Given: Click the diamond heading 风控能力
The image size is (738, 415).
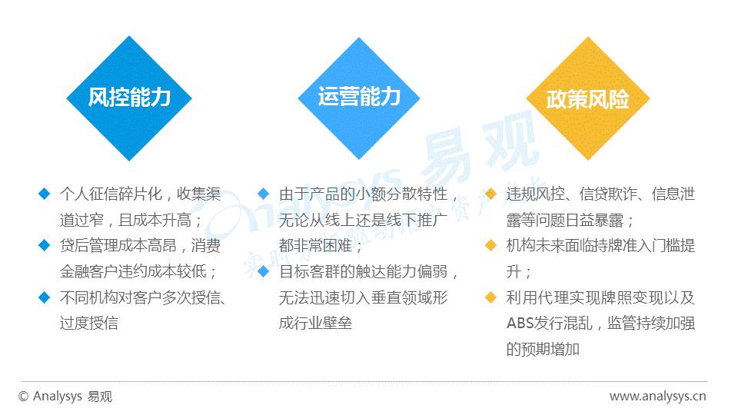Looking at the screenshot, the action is (x=129, y=98).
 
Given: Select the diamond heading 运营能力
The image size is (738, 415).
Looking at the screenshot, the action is (x=359, y=98).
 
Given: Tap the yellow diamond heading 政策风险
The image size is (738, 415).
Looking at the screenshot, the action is (x=588, y=98).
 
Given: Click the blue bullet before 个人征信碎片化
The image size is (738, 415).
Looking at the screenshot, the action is (x=45, y=194).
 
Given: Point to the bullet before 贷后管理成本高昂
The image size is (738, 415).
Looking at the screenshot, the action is (x=45, y=245).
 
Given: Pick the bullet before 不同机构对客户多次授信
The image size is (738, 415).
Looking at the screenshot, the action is (x=45, y=297).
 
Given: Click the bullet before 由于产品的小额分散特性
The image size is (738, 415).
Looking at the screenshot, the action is (x=263, y=194).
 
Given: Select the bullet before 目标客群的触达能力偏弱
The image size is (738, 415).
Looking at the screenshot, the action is (x=263, y=271).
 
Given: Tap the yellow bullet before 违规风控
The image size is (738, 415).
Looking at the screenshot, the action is (x=491, y=194).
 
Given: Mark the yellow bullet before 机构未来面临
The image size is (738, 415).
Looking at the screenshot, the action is (x=491, y=245).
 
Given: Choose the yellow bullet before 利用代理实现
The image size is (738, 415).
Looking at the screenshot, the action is (x=491, y=297).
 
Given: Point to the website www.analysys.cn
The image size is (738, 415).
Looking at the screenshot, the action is (x=657, y=397).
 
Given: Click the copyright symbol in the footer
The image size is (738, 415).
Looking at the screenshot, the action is (x=24, y=397).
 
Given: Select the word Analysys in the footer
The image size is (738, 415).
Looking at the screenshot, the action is (x=58, y=397).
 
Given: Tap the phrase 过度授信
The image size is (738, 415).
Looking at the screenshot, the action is (x=89, y=324).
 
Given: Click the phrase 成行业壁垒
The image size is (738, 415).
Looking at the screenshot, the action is (x=315, y=324).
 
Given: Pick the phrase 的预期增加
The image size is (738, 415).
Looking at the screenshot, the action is (x=544, y=349).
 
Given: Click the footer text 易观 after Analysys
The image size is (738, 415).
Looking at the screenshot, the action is (x=100, y=397).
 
